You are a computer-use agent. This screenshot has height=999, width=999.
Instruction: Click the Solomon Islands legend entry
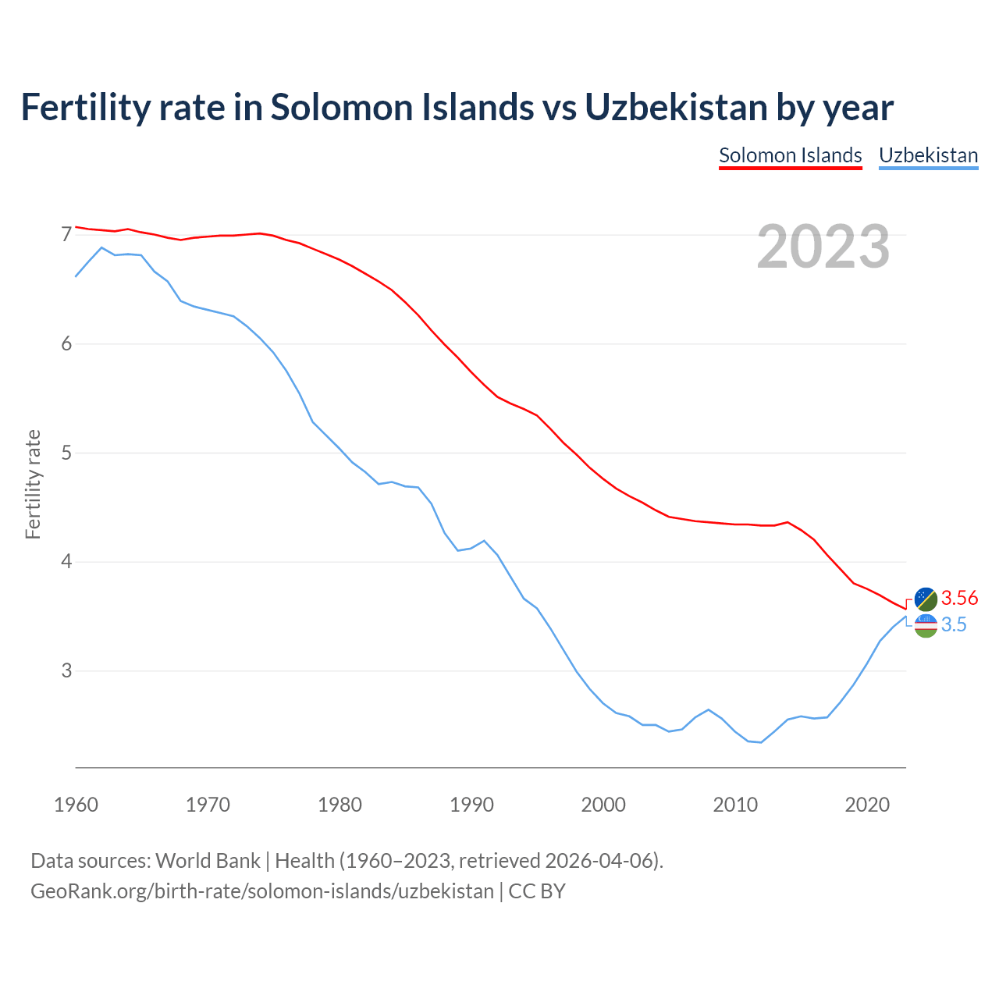coord(790,155)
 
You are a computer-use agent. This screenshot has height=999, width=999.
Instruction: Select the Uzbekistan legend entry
coord(928,155)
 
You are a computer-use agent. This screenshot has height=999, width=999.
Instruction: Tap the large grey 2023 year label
coord(823,247)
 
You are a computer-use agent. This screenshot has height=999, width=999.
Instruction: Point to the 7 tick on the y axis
coord(66,234)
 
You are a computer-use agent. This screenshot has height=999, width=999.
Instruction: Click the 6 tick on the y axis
coord(66,343)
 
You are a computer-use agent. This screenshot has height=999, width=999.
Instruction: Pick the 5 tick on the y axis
coord(66,453)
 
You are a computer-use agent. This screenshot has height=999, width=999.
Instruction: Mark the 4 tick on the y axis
coord(66,561)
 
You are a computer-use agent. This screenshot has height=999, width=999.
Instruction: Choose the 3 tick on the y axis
coord(66,670)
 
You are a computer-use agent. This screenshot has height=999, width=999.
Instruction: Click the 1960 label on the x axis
coord(76,805)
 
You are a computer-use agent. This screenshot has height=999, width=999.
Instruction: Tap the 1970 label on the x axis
coord(208,805)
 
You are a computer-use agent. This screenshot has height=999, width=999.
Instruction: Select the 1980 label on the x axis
coord(340,805)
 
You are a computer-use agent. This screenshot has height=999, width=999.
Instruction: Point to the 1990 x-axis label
coord(471,805)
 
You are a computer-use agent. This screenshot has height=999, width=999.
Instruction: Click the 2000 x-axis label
coord(603,805)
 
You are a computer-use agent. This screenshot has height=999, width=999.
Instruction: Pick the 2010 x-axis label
coord(735,805)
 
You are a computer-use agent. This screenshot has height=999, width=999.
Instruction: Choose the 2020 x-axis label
coord(867,805)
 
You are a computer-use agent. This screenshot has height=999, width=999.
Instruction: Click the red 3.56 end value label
coord(959,599)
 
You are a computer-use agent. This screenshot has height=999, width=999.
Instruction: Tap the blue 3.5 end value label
coord(954,624)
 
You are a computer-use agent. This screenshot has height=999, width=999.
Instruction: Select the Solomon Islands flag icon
coord(926,599)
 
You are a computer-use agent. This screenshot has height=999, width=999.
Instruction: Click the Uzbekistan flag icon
coord(926,625)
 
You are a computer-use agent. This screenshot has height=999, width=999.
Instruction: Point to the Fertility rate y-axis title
coord(33,484)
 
